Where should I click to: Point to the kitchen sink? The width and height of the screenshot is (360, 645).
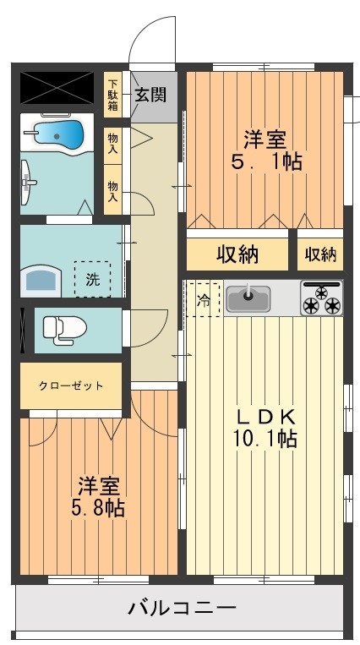pos(248,298)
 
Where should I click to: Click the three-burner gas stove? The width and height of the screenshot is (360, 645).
pos(321,298)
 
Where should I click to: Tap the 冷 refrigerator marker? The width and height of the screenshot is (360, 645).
pos(204,298)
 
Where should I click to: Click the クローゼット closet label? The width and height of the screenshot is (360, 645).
pos(71,385)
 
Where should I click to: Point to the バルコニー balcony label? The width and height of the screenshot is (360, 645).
pos(182,607)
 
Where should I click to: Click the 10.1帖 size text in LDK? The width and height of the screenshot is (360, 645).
pos(265,439)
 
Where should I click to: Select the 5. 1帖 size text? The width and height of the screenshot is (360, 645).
pos(266,162)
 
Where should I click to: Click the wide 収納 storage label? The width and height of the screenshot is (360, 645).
pos(237,254)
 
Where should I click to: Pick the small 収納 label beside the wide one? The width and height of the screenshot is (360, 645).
pos(320,254)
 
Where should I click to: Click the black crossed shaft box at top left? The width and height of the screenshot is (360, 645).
pos(57,85)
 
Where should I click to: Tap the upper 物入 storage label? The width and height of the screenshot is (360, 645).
pos(113,141)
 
